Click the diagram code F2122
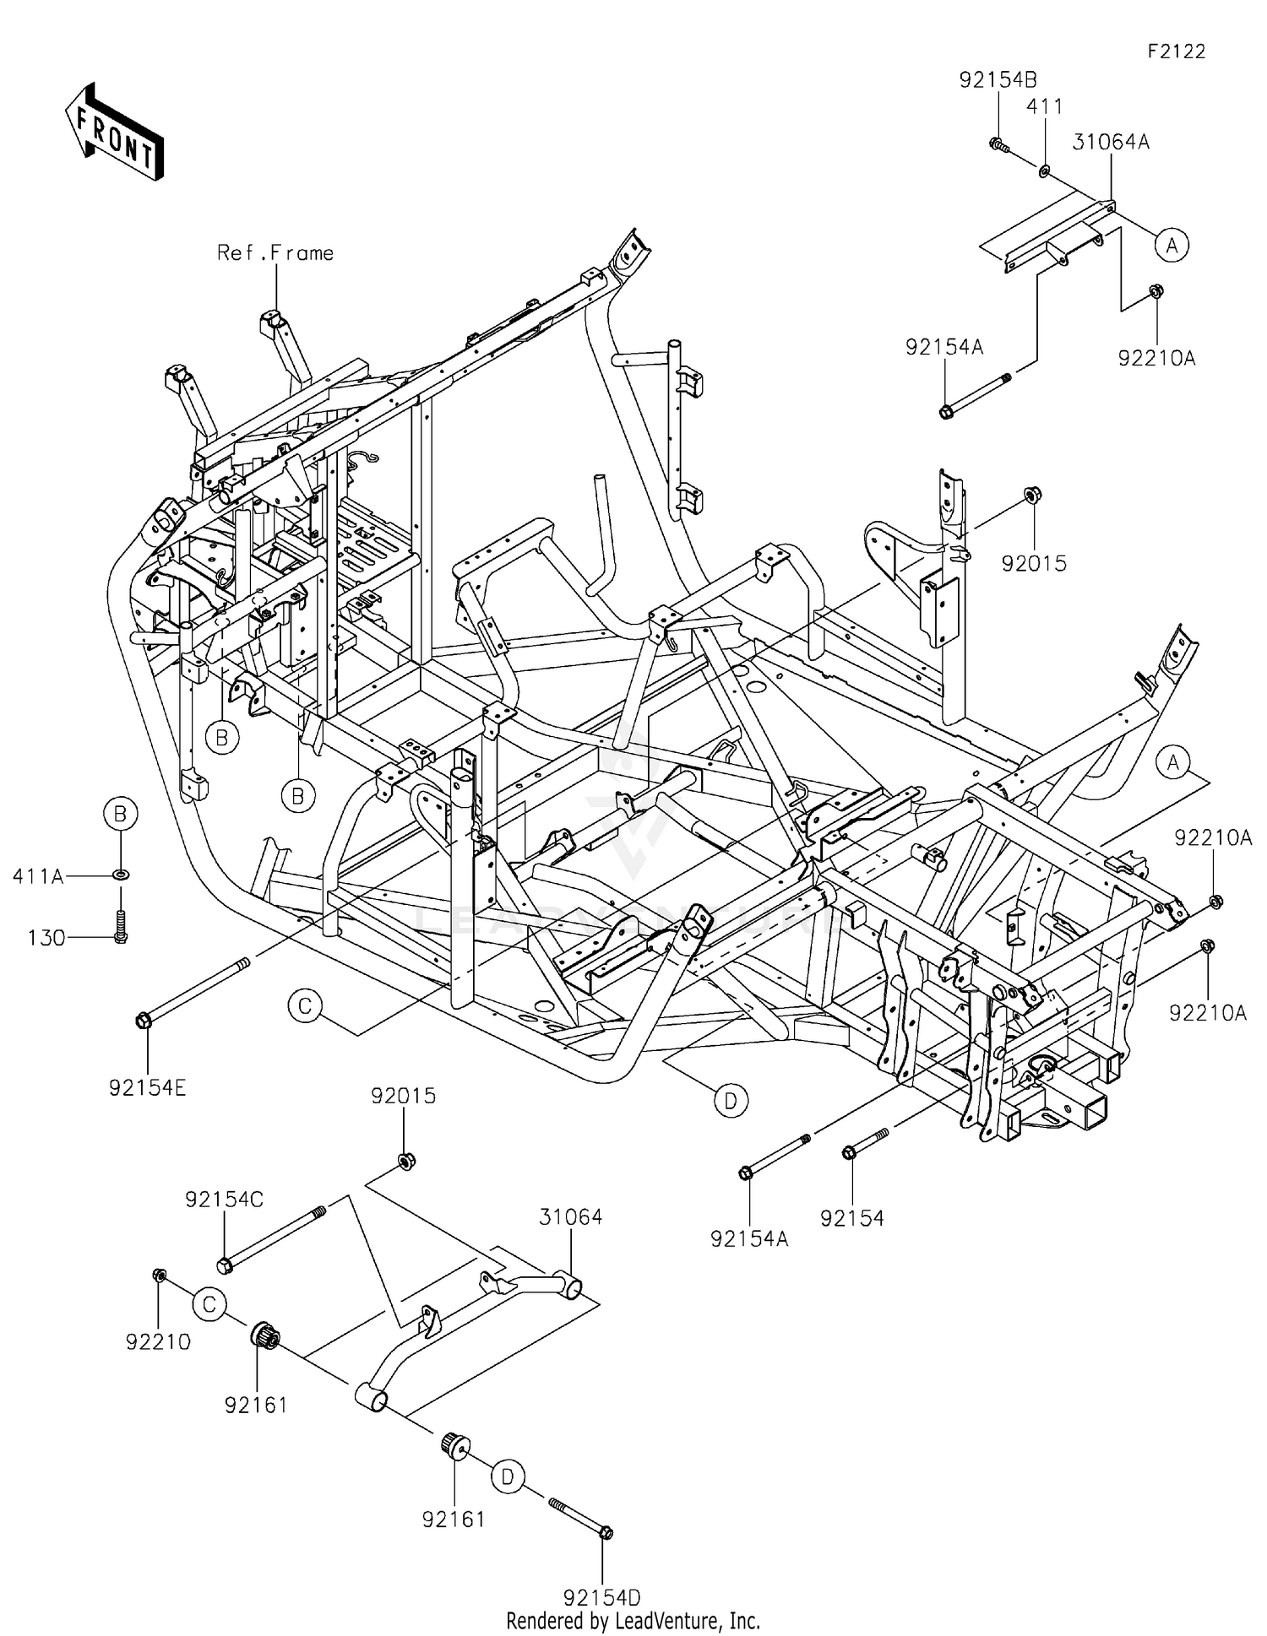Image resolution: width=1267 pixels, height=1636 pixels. (x=1176, y=51)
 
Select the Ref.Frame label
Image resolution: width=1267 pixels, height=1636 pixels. (x=275, y=253)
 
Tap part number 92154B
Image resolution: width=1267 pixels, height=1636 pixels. (x=998, y=80)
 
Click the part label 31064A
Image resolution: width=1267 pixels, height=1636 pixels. (x=1111, y=143)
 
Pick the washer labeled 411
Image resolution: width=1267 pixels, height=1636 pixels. (x=1045, y=171)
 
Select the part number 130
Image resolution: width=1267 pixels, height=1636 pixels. (x=46, y=938)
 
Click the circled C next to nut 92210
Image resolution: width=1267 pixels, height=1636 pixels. (x=209, y=1305)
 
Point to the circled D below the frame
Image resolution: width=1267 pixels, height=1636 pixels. (x=731, y=1100)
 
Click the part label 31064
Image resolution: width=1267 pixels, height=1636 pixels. (x=571, y=1217)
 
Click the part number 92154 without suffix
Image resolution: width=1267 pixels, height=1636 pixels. (x=851, y=1218)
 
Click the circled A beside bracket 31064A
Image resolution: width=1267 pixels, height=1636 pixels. (x=1172, y=245)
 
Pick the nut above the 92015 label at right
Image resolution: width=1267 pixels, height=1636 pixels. (x=1032, y=494)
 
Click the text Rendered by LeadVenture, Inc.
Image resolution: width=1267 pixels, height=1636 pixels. (x=633, y=1621)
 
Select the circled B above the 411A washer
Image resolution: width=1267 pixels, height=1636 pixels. (x=120, y=814)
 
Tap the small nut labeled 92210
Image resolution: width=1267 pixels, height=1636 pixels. (x=158, y=1275)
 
